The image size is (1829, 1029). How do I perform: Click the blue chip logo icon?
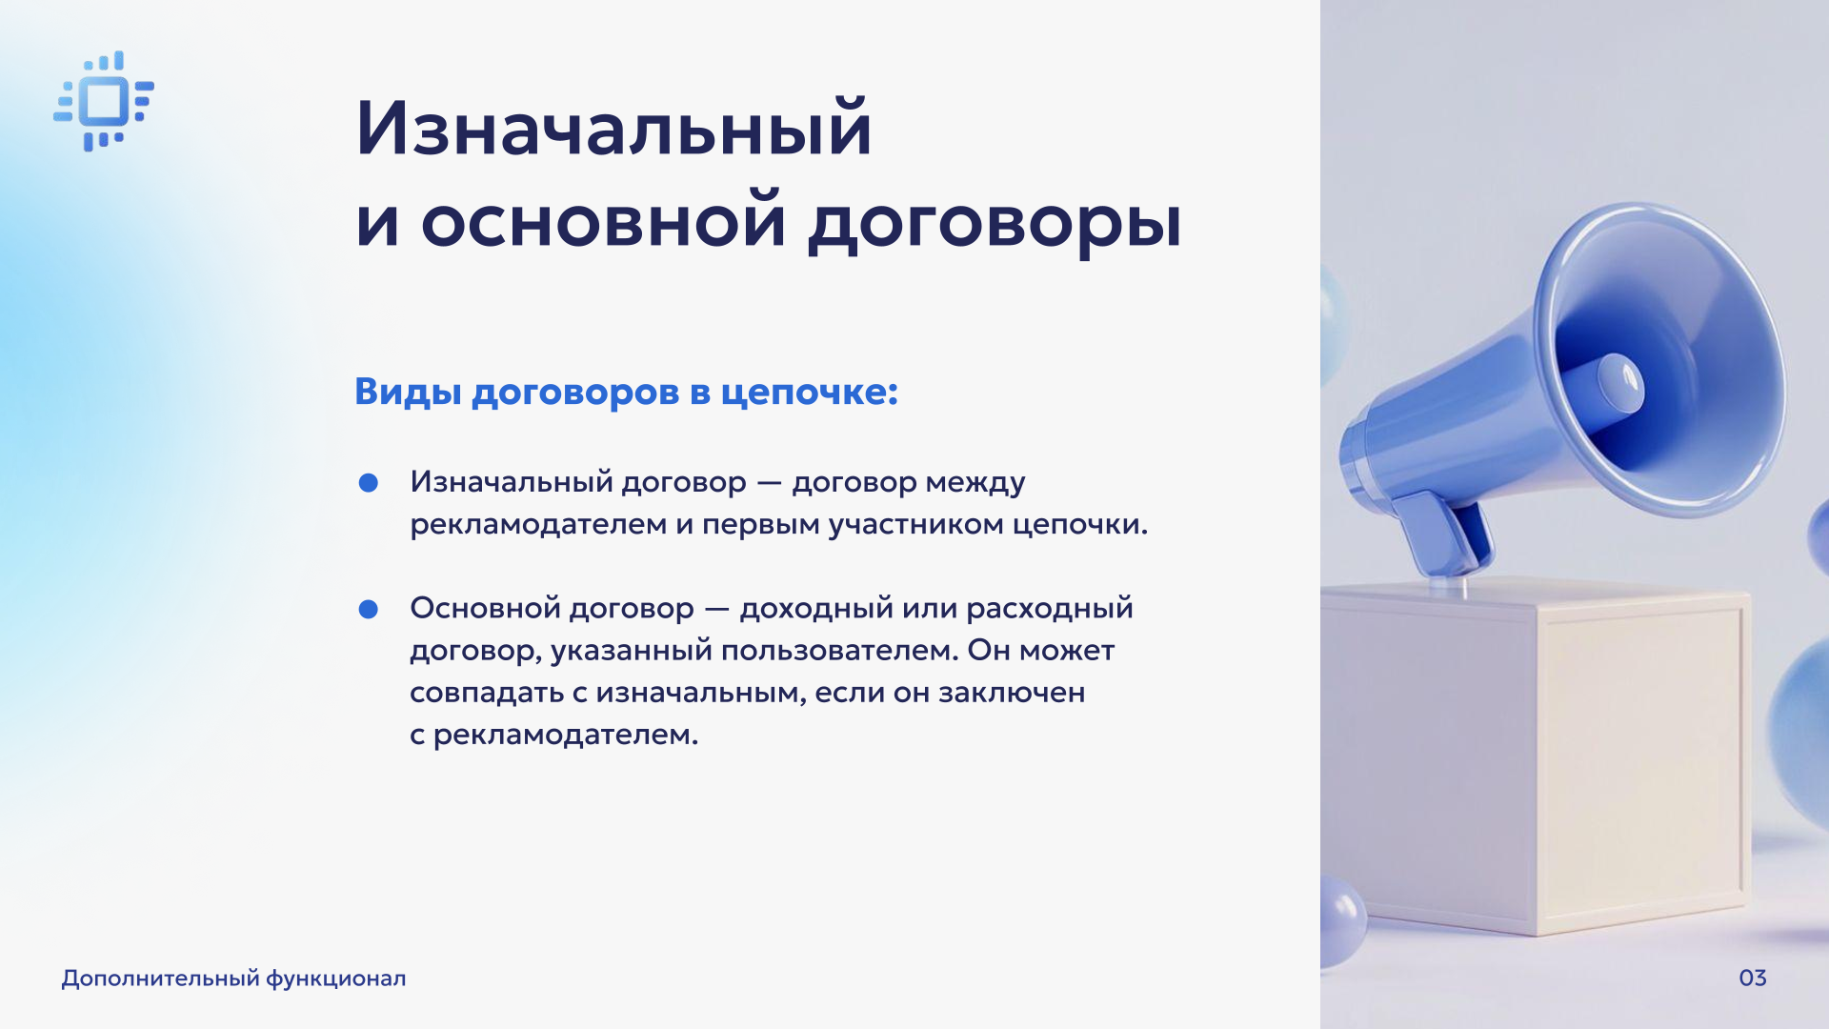104,101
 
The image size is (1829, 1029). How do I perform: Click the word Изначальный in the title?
614,129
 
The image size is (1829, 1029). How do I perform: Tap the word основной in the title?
604,221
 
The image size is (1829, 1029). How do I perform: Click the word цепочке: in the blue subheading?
809,393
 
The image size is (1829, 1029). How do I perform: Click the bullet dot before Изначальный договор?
369,483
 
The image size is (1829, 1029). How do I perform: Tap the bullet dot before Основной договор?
369,609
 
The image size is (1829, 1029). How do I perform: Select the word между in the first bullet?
975,483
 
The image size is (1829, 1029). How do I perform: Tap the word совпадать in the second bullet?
487,694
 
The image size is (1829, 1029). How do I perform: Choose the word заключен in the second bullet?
1012,693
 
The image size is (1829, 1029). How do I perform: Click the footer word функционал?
335,979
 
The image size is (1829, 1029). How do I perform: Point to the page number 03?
1753,979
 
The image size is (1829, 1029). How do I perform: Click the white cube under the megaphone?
1536,754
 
